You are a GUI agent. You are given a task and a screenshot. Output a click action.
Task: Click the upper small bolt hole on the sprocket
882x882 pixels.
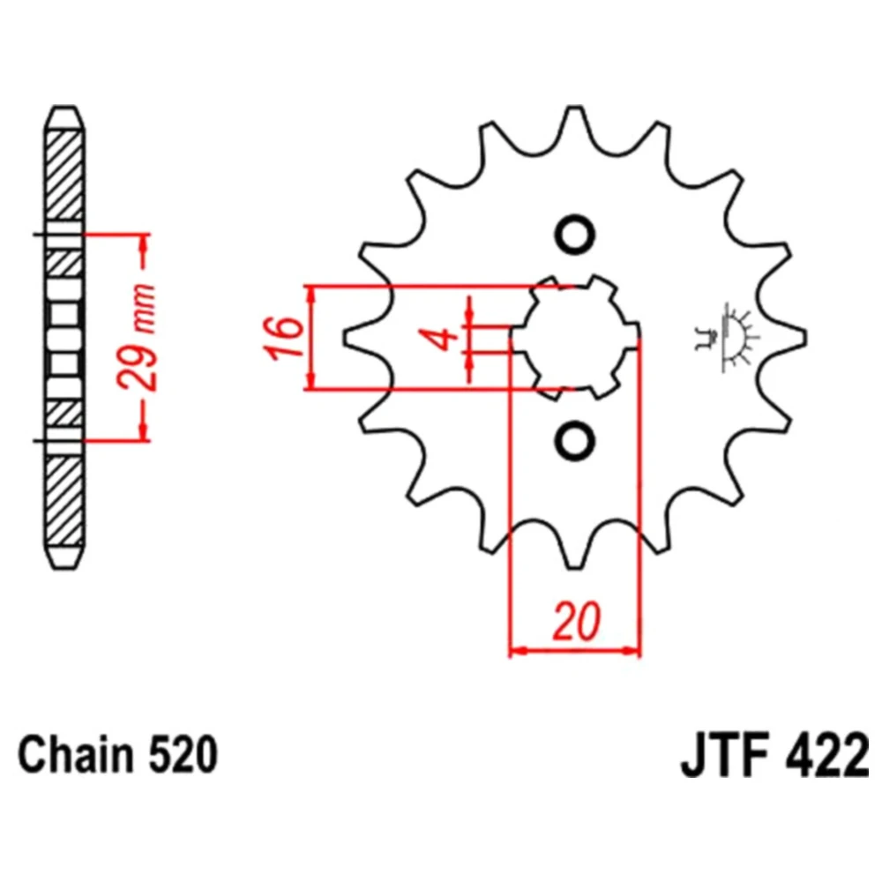click(x=575, y=234)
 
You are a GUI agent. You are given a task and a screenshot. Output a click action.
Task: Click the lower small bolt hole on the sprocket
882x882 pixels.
click(x=575, y=439)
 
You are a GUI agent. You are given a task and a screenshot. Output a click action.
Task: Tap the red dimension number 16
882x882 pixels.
click(x=282, y=338)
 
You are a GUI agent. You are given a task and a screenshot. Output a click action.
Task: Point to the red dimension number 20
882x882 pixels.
click(x=577, y=622)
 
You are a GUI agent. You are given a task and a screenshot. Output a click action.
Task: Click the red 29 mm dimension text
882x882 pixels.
click(x=136, y=338)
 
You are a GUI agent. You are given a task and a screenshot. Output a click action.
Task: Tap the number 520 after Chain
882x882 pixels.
click(x=183, y=756)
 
